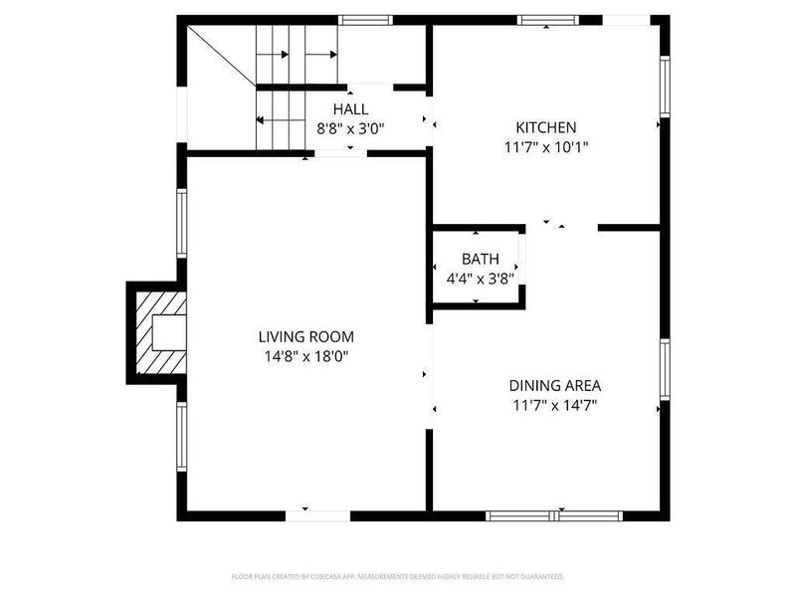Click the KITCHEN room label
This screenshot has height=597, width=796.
[x=545, y=127]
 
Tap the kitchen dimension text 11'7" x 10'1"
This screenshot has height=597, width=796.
[x=545, y=147]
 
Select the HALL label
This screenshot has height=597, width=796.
[x=350, y=108]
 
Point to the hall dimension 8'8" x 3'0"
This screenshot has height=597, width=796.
[x=350, y=128]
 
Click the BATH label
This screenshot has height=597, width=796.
[x=480, y=260]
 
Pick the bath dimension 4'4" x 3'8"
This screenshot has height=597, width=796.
[x=480, y=279]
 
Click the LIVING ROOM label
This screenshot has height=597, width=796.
[x=305, y=336]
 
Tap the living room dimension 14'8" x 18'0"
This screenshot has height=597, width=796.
[x=305, y=356]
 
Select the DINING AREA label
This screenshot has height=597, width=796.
[x=554, y=385]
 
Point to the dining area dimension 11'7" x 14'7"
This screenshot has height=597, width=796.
[x=554, y=405]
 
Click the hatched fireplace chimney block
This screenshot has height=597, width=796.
[x=159, y=332]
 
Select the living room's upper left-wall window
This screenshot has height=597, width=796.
[x=182, y=224]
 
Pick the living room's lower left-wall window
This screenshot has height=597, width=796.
[x=182, y=437]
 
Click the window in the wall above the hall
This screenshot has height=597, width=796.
[x=366, y=19]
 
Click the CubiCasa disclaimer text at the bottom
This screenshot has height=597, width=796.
[x=398, y=576]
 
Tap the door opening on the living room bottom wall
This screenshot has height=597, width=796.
[x=318, y=515]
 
